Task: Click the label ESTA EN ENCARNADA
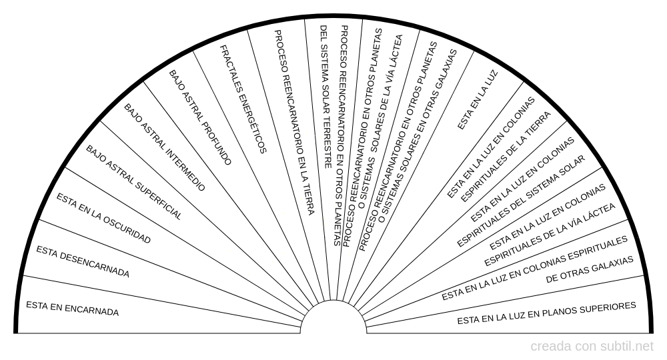[72, 309]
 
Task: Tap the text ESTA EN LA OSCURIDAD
[104, 219]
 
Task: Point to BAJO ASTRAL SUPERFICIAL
[134, 183]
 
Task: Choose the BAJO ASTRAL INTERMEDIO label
[165, 147]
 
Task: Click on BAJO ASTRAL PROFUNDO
[200, 118]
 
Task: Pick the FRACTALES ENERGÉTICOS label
[243, 99]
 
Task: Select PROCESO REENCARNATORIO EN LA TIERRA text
[294, 123]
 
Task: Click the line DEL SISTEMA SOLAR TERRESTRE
[325, 97]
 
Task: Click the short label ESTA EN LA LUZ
[478, 100]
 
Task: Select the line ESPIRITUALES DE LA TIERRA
[506, 157]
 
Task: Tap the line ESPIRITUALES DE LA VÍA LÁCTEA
[550, 235]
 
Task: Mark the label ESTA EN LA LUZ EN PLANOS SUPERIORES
[547, 313]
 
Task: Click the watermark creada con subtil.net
[592, 347]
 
